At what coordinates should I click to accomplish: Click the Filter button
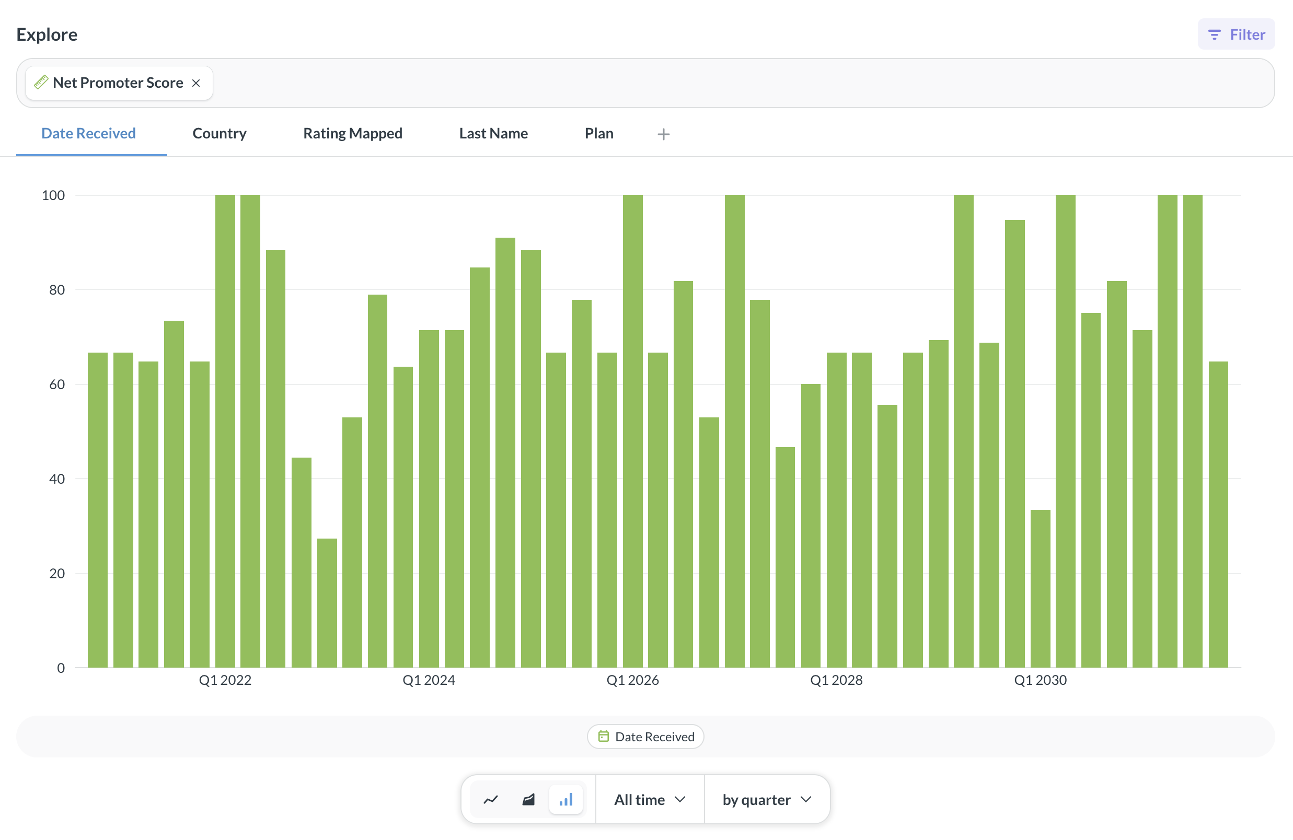pyautogui.click(x=1236, y=34)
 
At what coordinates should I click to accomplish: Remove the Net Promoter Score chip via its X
pyautogui.click(x=196, y=83)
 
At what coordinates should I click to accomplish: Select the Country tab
pyautogui.click(x=220, y=134)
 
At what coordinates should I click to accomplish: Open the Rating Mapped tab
pyautogui.click(x=353, y=134)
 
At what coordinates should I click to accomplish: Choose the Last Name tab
pyautogui.click(x=493, y=134)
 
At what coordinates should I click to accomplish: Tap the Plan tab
pyautogui.click(x=599, y=134)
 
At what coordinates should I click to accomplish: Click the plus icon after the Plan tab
pyautogui.click(x=663, y=134)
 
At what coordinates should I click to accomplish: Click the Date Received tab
pyautogui.click(x=88, y=134)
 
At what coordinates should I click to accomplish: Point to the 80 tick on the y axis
pyautogui.click(x=57, y=290)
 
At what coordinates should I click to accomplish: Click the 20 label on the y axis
pyautogui.click(x=57, y=574)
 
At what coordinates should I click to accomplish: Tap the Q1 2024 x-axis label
pyautogui.click(x=429, y=680)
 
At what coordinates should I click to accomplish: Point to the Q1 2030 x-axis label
pyautogui.click(x=1041, y=680)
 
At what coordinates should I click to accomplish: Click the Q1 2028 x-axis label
pyautogui.click(x=836, y=680)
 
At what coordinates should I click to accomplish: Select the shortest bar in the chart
pyautogui.click(x=327, y=603)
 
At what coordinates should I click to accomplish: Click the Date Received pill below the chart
pyautogui.click(x=645, y=737)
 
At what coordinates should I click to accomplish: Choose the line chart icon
pyautogui.click(x=491, y=800)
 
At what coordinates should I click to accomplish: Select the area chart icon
pyautogui.click(x=528, y=800)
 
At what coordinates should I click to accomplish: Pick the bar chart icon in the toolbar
pyautogui.click(x=566, y=800)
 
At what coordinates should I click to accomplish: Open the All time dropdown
pyautogui.click(x=650, y=800)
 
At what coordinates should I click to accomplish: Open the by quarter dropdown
pyautogui.click(x=767, y=800)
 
